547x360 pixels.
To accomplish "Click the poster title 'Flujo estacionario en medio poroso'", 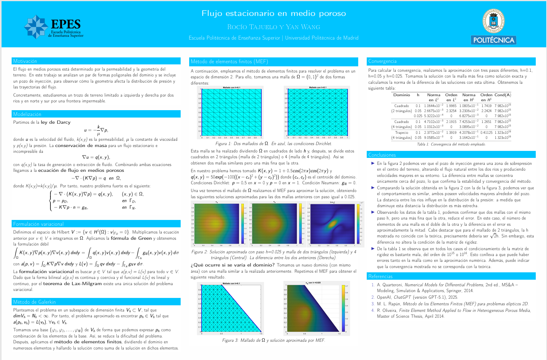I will pos(273,14).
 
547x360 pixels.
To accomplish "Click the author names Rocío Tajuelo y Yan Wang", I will pos(273,27).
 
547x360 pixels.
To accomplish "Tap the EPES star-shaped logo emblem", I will pos(36,27).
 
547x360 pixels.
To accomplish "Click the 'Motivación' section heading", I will pos(25,61).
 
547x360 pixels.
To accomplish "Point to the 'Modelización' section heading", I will pos(27,114).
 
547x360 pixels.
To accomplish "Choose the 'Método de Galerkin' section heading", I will pos(35,302).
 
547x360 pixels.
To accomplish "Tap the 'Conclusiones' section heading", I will pos(382,155).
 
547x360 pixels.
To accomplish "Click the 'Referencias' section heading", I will pos(380,276).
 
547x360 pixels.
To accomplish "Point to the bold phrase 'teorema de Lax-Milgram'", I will pos(72,284).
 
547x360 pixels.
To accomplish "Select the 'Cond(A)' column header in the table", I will pos(502,95).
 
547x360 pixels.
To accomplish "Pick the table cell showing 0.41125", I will pos(487,132).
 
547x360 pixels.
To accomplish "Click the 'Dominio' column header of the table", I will pos(402,95).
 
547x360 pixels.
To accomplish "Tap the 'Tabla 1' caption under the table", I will pos(451,144).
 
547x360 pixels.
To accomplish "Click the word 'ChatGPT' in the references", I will pos(402,297).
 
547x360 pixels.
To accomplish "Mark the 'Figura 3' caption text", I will pos(273,340).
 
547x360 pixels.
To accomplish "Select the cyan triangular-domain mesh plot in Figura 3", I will pos(231,309).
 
